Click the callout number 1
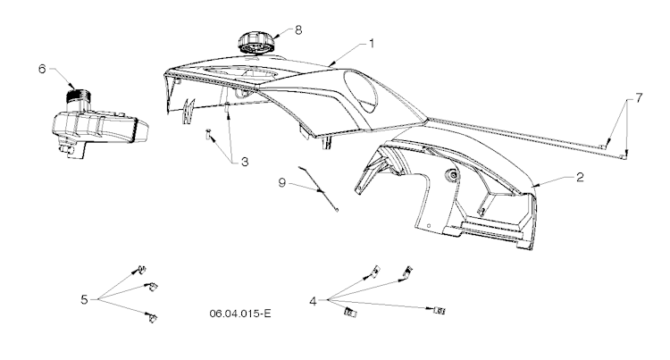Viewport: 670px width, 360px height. (x=372, y=44)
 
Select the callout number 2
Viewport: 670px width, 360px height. (x=580, y=177)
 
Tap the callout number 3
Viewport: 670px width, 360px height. (x=245, y=162)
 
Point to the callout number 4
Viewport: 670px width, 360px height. (x=314, y=302)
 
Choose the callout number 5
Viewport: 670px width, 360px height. (x=84, y=300)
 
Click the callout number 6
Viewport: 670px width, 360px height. (x=42, y=69)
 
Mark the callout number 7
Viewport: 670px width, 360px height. (x=639, y=98)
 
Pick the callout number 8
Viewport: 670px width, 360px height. (x=298, y=29)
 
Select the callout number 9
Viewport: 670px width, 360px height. (x=282, y=183)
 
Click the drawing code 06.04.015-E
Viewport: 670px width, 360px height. (x=240, y=314)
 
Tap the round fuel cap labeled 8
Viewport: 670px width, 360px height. (x=255, y=42)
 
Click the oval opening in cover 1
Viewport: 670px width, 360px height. (x=361, y=91)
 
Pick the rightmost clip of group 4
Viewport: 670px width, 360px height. (x=440, y=311)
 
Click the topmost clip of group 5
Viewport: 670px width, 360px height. (x=141, y=270)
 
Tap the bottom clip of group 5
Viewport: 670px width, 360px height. (x=152, y=317)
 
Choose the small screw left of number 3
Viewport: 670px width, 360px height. (x=208, y=134)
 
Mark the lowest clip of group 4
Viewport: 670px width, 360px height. (x=350, y=313)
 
